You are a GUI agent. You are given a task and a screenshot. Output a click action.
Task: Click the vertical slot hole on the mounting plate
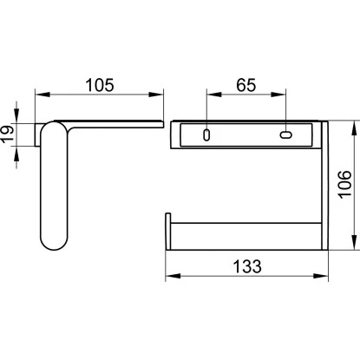click(x=206, y=134)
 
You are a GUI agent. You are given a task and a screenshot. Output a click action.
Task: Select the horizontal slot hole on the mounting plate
click(x=286, y=134)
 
